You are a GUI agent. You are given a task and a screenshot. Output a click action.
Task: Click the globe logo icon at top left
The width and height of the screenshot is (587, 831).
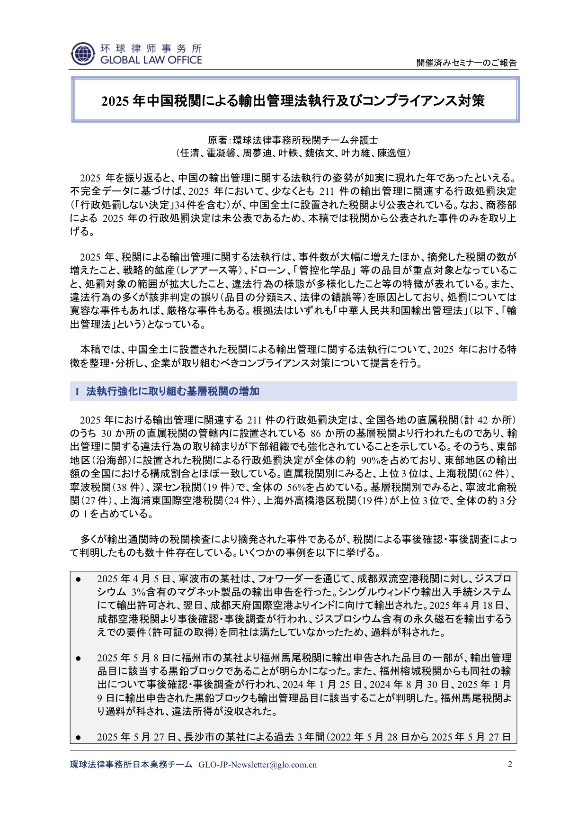click(x=83, y=54)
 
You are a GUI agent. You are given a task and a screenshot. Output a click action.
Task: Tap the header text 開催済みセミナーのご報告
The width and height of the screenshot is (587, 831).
click(x=466, y=63)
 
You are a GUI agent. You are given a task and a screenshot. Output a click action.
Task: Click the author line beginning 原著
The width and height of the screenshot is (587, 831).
click(x=293, y=140)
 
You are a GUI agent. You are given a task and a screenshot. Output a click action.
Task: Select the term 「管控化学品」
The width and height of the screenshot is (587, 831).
click(x=324, y=271)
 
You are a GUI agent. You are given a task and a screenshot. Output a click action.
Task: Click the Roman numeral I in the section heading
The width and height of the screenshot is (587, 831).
click(x=77, y=392)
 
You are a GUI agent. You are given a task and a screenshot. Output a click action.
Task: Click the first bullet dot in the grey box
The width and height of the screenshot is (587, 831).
click(x=79, y=579)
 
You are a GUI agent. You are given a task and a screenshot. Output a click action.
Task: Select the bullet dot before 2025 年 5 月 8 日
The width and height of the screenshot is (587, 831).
click(x=79, y=658)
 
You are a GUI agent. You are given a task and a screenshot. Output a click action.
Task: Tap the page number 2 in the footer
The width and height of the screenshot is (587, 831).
click(x=510, y=764)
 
